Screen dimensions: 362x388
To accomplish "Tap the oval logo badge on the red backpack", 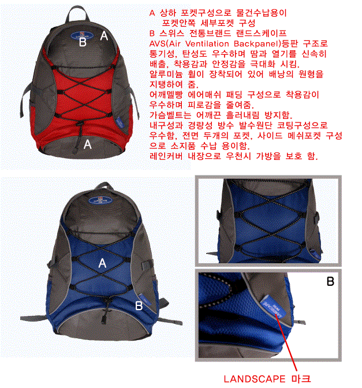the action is click(x=82, y=35).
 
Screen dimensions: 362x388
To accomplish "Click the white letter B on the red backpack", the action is click(x=83, y=42).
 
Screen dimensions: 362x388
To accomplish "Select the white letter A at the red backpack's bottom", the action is click(x=87, y=144).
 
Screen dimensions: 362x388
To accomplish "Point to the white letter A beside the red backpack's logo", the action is click(x=104, y=36).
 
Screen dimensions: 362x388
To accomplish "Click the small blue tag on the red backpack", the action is click(x=120, y=122).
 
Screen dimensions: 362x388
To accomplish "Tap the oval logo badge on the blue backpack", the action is click(x=100, y=200).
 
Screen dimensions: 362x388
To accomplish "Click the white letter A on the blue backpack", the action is click(x=102, y=263).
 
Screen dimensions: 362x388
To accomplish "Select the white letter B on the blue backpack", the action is click(x=139, y=305).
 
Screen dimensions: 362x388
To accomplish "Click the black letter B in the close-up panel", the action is click(x=330, y=281).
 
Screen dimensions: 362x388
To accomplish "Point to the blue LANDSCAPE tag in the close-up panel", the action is click(x=273, y=307).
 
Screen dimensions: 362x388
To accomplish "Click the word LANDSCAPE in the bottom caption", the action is click(x=255, y=379).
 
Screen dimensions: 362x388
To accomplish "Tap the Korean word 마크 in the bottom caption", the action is click(x=301, y=379).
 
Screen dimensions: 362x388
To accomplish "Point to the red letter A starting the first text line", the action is click(x=152, y=13).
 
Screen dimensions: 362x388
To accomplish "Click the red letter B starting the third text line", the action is click(x=152, y=33).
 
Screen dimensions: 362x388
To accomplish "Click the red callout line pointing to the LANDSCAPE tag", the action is click(x=286, y=344).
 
